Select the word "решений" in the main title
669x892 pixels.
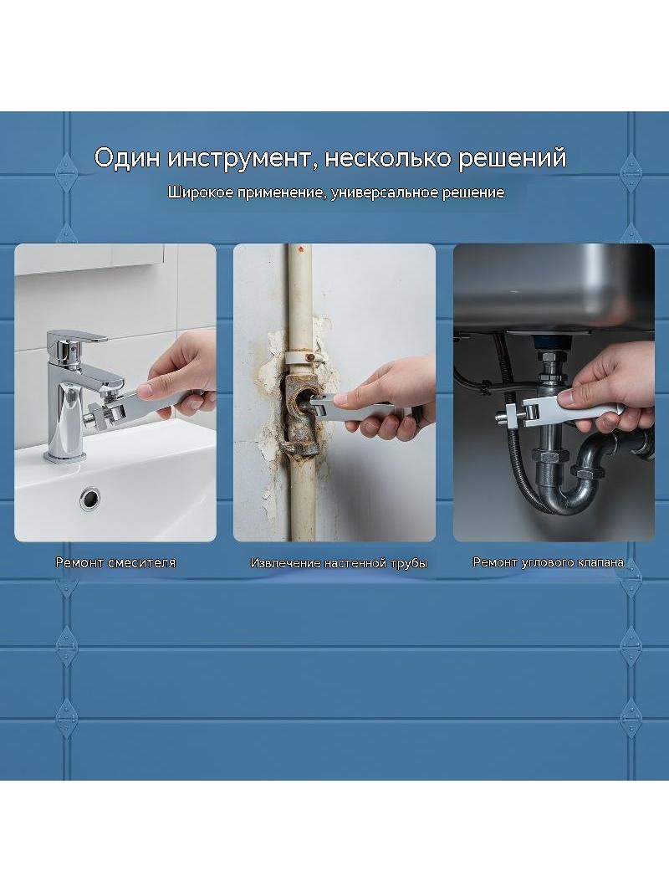click(513, 158)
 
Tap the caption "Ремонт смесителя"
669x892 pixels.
click(115, 562)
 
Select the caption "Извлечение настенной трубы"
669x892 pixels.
click(339, 563)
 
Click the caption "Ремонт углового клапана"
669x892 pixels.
click(548, 562)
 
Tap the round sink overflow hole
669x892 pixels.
click(89, 499)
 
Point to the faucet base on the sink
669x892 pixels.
click(65, 455)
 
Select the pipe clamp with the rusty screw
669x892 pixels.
click(301, 358)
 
